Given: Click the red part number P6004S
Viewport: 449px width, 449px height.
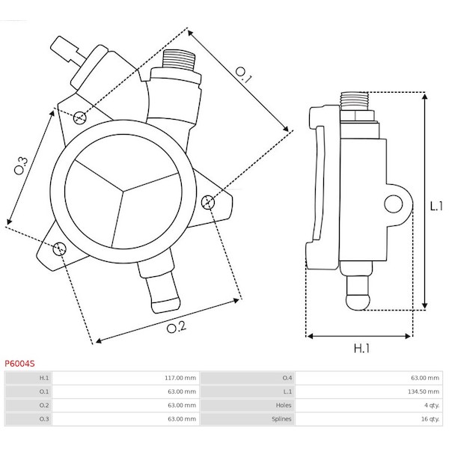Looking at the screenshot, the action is coord(19,364).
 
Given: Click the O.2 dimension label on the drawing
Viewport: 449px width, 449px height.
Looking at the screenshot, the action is coord(177,327).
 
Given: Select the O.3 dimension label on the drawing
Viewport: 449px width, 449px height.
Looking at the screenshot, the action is coord(21,165).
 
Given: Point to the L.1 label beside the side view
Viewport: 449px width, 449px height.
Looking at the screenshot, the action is coord(436,206).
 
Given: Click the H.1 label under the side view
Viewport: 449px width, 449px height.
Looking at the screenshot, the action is coord(361,348).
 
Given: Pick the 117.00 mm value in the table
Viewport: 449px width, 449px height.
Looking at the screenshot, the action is coord(180,378).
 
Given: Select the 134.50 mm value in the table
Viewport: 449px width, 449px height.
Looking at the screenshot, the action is coord(424,391).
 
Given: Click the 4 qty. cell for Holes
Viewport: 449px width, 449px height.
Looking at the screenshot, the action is coord(432,405).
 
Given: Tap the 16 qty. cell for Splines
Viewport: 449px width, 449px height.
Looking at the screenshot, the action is coord(430,419).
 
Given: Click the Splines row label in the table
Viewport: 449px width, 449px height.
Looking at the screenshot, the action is coord(281,419).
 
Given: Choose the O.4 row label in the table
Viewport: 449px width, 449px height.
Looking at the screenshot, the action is coord(287,378).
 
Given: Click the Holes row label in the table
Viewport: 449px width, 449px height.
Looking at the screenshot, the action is coord(284,405).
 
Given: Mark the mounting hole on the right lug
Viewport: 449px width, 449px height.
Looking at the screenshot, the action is coord(208,203).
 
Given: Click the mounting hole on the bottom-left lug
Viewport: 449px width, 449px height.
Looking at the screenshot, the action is coord(60,248).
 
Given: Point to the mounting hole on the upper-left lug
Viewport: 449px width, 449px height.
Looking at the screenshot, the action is coord(79,117).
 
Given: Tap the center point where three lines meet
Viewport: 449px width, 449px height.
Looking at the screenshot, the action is coord(123,191).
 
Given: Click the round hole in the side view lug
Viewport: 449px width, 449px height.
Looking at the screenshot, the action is coord(393,204).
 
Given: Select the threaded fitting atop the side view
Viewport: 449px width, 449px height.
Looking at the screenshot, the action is coord(354,101).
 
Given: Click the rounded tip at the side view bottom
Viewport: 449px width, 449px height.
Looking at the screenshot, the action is coord(358,302).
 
